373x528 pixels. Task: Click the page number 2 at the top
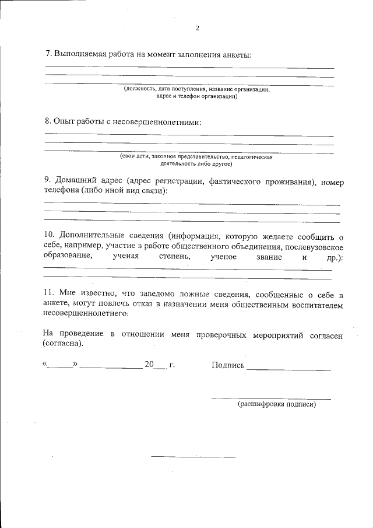[x=198, y=28]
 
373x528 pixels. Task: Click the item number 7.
[x=48, y=54]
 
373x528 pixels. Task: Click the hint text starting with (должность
[x=196, y=89]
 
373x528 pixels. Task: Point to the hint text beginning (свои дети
[x=196, y=157]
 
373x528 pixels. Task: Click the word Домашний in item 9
[x=80, y=181]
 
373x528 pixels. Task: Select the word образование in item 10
[x=68, y=256]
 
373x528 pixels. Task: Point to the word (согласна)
[x=64, y=344]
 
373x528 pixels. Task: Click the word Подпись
[x=228, y=365]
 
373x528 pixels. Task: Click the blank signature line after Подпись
[x=289, y=369]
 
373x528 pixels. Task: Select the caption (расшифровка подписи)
[x=276, y=404]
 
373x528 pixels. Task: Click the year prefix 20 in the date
[x=149, y=365]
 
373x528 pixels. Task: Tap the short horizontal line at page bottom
[x=193, y=456]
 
